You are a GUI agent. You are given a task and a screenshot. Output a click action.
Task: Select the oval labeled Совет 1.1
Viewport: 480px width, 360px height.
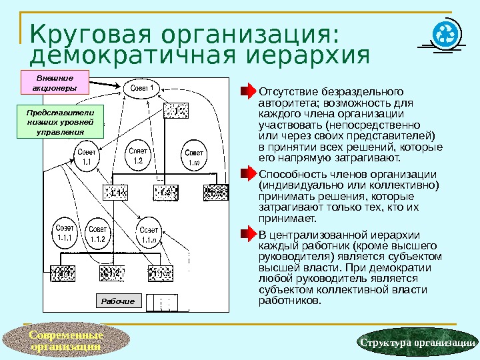pos(86,157)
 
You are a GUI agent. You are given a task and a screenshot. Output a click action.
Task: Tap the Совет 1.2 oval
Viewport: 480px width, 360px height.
pos(139,156)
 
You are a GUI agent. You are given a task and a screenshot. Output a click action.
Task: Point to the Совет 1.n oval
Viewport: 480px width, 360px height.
pos(194,157)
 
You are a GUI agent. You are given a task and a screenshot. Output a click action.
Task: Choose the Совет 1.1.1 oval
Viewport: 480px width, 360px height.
pos(65,233)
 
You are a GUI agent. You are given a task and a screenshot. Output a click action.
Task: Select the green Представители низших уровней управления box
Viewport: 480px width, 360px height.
pos(55,119)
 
